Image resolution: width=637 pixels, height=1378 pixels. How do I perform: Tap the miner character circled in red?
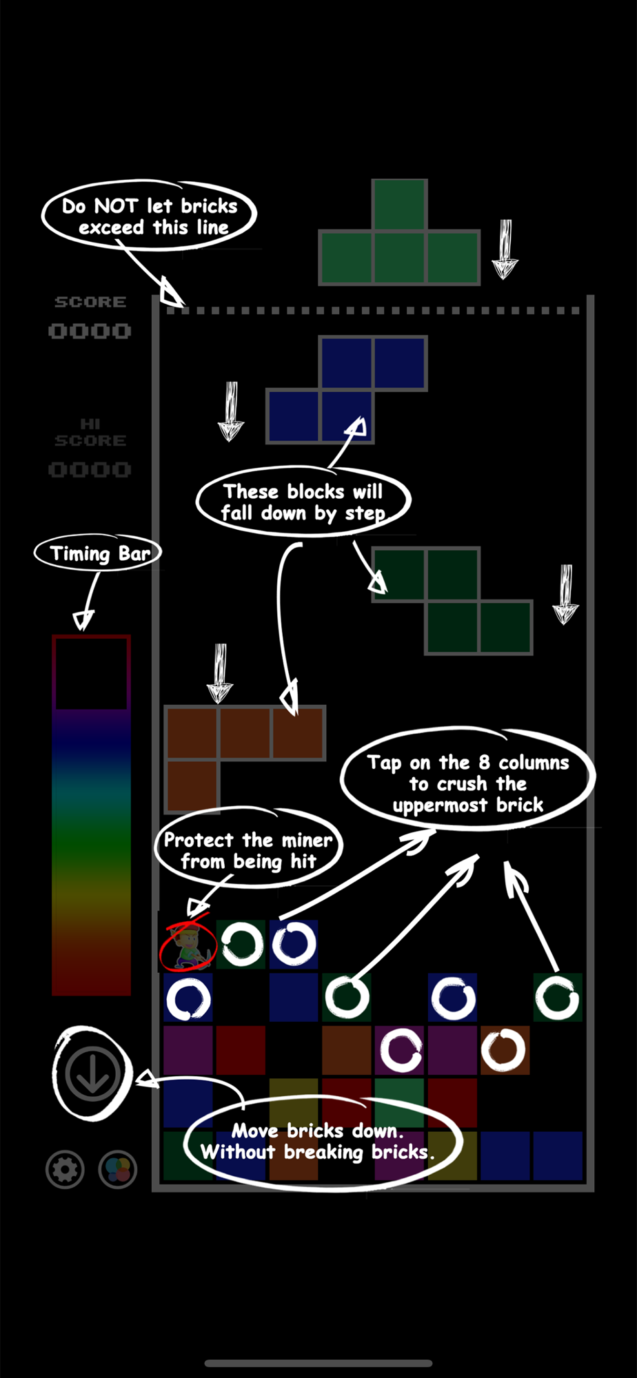point(188,945)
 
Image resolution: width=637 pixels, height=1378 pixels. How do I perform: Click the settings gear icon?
point(65,1169)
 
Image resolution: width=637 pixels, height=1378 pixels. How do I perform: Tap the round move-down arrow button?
point(92,1073)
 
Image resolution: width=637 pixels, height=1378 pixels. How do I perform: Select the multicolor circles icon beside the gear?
point(118,1169)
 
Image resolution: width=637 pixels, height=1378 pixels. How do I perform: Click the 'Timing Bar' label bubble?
point(98,553)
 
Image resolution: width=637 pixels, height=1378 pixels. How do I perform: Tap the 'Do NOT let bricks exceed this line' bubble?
point(149,216)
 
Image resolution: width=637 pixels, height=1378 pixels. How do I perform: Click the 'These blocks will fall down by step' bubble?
point(303,502)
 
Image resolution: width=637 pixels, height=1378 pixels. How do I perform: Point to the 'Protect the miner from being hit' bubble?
point(248,850)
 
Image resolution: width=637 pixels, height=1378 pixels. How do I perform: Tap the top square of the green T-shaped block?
point(399,205)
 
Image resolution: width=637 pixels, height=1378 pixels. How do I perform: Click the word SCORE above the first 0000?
point(90,302)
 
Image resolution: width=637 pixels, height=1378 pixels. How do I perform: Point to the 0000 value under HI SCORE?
point(90,470)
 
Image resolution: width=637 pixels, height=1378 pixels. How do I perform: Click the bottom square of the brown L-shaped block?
point(192,786)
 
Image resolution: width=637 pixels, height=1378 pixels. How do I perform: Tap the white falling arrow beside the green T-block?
point(505,249)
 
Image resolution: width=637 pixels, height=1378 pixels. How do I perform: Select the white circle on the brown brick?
point(504,1050)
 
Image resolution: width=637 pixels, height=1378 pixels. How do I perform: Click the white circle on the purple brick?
point(401,1050)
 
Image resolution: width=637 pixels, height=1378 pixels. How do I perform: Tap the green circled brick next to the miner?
point(241,944)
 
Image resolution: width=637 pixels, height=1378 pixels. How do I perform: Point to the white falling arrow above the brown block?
point(220,673)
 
